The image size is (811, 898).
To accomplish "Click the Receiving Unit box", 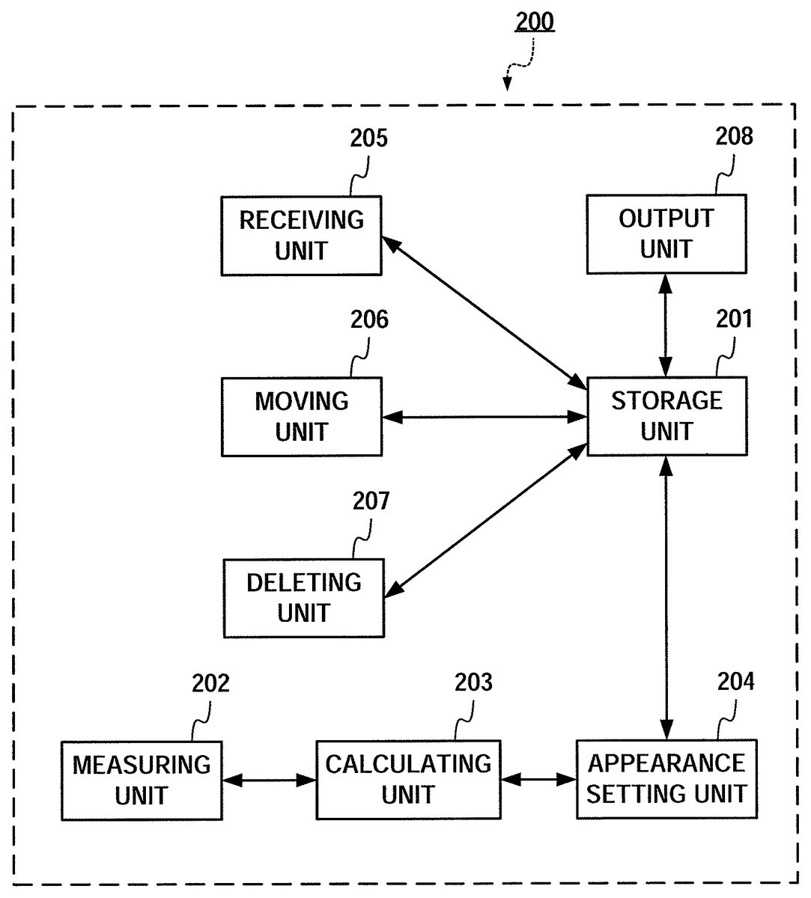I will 301,236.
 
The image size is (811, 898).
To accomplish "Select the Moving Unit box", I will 301,417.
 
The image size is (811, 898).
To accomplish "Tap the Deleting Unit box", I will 304,598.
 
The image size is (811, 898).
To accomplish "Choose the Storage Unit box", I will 666,416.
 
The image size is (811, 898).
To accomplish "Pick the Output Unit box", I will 666,234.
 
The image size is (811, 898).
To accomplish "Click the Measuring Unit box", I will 142,780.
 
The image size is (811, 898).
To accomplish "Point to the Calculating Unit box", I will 408,779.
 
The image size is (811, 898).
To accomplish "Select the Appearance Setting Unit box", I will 666,778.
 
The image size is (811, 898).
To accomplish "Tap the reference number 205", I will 369,138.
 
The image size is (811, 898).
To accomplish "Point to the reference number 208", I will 734,136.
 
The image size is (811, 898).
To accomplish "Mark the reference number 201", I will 734,319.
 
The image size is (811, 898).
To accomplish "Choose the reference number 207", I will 371,501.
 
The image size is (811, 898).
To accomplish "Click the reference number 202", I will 210,683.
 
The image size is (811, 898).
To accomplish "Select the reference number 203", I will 474,682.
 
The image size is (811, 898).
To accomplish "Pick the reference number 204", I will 736,682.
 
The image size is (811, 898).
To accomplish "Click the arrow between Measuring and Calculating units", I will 269,780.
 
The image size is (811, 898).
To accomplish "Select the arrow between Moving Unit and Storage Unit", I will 484,417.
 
